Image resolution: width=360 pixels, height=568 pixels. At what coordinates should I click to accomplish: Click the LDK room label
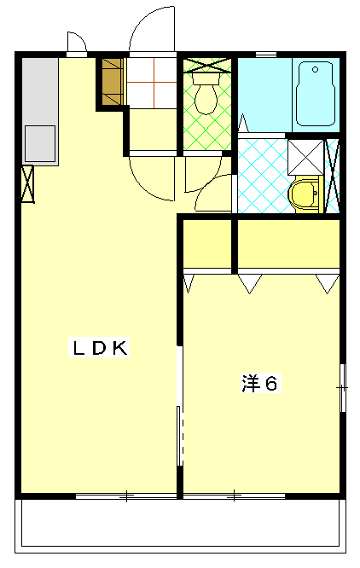(x=99, y=347)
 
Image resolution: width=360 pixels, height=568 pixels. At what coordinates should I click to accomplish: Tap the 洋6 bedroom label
(x=261, y=383)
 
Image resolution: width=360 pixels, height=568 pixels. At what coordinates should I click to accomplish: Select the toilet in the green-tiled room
(x=206, y=93)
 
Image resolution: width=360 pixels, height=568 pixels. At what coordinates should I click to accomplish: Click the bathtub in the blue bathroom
(x=315, y=94)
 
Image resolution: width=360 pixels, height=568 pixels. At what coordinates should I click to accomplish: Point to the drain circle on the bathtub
(x=315, y=69)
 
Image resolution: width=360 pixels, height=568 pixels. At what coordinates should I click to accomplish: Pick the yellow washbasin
(x=305, y=193)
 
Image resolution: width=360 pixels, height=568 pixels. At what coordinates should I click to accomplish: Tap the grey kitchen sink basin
(x=40, y=144)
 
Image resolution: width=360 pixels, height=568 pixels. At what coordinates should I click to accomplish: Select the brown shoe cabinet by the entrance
(x=113, y=82)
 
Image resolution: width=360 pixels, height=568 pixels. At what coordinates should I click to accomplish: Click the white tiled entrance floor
(x=152, y=83)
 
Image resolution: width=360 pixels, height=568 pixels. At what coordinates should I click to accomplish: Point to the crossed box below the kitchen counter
(x=27, y=184)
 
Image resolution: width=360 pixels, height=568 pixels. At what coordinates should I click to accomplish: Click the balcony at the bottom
(x=180, y=526)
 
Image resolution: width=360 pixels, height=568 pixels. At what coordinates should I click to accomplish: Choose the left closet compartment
(x=206, y=244)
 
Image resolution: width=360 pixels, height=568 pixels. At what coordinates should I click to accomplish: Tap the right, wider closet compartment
(x=288, y=244)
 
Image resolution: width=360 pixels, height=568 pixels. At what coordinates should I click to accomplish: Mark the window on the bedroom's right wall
(x=343, y=388)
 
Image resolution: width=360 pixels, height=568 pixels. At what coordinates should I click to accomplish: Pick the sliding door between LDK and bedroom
(x=180, y=406)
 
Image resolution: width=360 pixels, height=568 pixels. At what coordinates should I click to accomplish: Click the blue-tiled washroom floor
(x=264, y=176)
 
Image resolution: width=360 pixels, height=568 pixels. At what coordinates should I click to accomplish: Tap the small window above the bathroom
(x=266, y=55)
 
